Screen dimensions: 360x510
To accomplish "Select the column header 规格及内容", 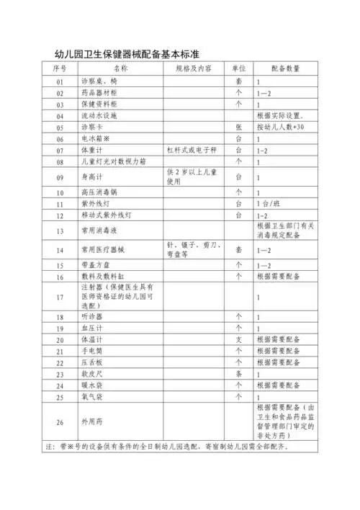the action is tap(194, 68).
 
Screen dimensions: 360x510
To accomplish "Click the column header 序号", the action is tap(60, 68).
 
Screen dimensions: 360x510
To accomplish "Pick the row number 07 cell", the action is tap(60, 151).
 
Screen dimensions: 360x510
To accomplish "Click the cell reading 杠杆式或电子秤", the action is tap(193, 151).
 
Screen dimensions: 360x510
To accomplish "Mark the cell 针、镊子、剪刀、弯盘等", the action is tap(193, 249).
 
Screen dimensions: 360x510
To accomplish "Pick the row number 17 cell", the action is tap(60, 296).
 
